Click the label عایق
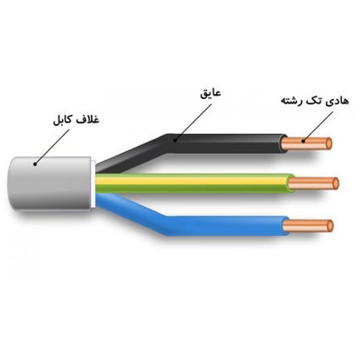coord(211,93)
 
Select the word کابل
coord(62,121)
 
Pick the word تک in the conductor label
coord(313,100)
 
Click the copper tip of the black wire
coord(307,143)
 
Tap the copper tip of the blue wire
coord(308,226)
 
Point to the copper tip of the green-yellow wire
coord(313,184)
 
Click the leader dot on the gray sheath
coord(35,164)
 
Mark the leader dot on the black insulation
coord(175,139)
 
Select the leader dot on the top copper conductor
coord(303,140)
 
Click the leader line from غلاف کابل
coord(52,147)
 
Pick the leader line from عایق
coord(193,121)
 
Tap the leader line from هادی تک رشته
coord(319,126)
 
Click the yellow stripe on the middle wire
coord(192,181)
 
